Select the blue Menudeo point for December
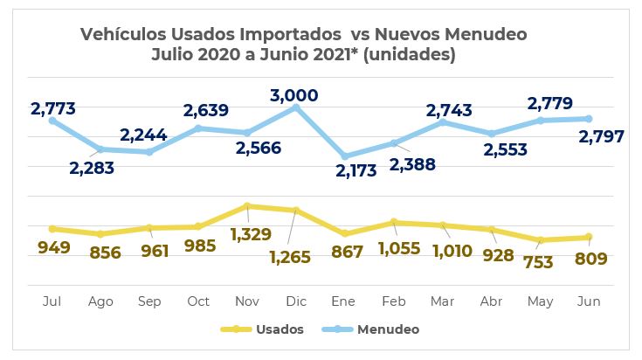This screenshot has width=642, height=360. (x=296, y=107)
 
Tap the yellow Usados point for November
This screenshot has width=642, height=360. (x=247, y=206)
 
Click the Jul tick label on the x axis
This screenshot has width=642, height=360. (x=52, y=301)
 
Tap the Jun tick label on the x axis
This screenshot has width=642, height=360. (x=590, y=301)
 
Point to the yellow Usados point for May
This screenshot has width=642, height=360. (x=541, y=240)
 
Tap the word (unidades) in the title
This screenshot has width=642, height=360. (x=414, y=54)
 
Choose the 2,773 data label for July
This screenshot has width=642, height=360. (x=53, y=109)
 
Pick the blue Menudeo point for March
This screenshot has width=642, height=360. (x=443, y=122)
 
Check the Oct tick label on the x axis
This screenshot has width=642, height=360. (x=198, y=301)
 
